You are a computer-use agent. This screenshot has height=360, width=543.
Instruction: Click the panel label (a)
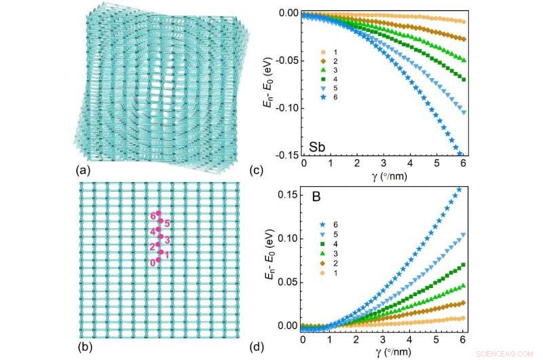(x=83, y=170)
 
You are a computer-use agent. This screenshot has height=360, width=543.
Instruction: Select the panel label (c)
(x=277, y=170)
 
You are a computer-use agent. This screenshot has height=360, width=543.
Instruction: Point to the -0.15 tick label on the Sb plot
(x=285, y=156)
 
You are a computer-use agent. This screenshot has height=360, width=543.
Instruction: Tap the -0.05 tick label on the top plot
(x=285, y=60)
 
